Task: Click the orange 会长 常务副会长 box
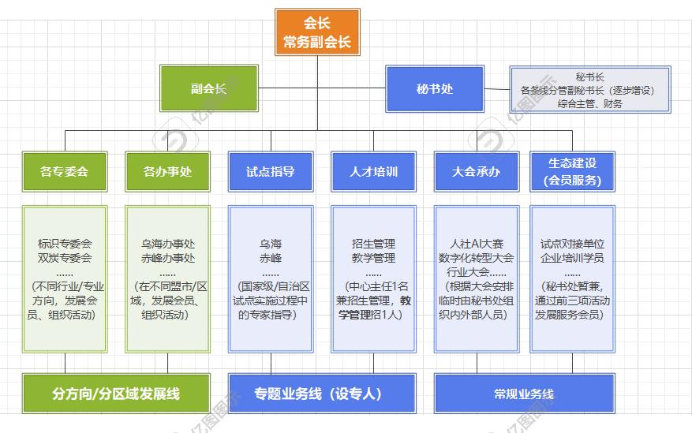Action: (316, 32)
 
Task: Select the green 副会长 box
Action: (208, 88)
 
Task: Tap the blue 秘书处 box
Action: (435, 88)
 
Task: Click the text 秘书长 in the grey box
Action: (589, 77)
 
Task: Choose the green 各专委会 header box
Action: (64, 170)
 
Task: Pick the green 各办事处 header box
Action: (166, 170)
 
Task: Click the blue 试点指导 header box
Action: (270, 170)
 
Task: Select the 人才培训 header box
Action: (373, 170)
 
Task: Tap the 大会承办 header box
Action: (476, 170)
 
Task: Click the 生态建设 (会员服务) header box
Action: (572, 170)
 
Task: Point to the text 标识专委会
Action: (65, 244)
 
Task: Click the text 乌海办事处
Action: (167, 244)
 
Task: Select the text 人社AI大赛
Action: (477, 244)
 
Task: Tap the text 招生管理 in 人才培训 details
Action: (373, 244)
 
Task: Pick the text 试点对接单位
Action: (572, 244)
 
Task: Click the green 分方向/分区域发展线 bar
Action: (116, 393)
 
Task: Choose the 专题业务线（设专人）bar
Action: (321, 393)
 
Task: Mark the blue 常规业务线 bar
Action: (523, 393)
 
